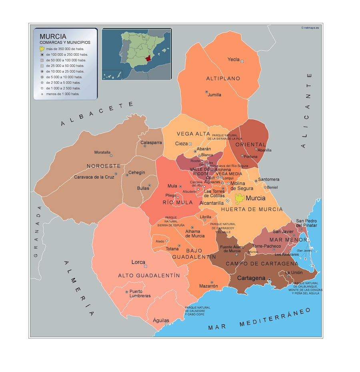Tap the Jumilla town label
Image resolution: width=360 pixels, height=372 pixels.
tap(214, 95)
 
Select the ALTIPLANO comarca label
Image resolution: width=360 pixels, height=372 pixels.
tap(223, 78)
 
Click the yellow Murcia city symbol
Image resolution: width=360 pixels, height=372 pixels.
tap(240, 198)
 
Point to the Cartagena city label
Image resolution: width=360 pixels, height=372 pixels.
tap(251, 278)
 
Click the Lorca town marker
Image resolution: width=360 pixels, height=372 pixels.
tap(146, 266)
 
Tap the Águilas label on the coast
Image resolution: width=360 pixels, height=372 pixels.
tap(161, 320)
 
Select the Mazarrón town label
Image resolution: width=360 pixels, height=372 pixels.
tap(208, 286)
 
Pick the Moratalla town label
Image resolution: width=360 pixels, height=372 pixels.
tap(103, 152)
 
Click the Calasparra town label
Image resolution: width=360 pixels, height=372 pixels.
tap(151, 142)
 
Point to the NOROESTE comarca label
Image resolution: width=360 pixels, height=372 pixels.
tap(104, 165)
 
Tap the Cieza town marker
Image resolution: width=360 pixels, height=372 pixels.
tap(190, 144)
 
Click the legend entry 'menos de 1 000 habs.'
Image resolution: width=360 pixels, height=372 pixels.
tap(63, 94)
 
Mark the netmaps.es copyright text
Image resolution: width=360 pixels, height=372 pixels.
tap(311, 28)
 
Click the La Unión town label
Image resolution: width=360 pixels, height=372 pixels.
tap(294, 273)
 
